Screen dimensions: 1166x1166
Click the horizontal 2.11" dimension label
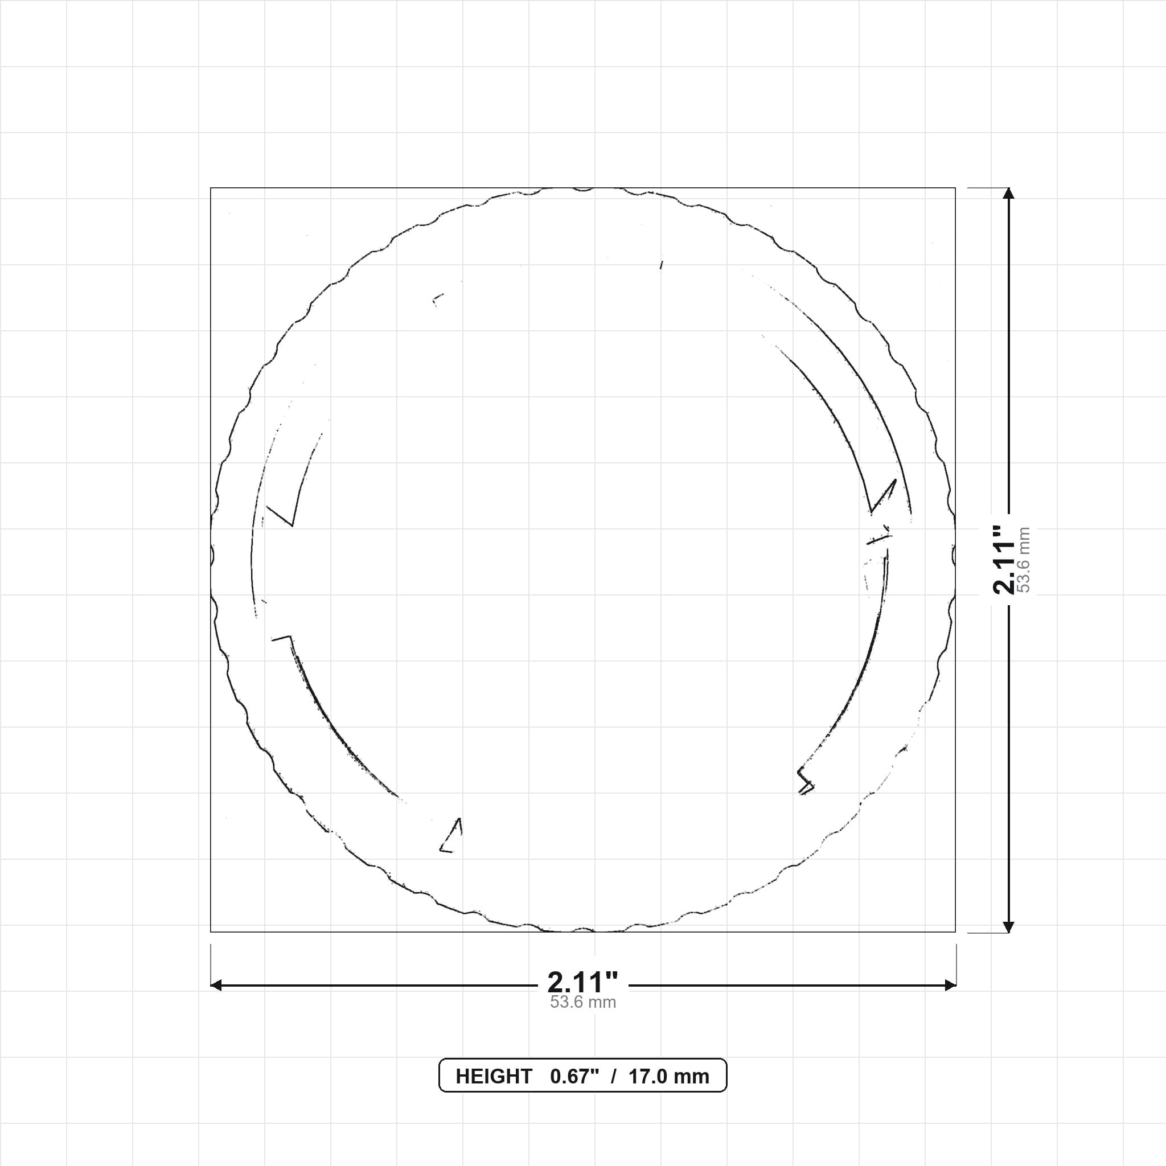coord(582,983)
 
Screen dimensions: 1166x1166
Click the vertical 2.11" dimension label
coord(1005,560)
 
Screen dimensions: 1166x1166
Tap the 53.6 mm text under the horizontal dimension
coord(582,1003)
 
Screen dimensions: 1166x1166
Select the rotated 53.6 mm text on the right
coord(1024,560)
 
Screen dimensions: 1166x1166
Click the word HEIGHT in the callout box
coord(494,1077)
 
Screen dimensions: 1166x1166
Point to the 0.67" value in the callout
coord(574,1077)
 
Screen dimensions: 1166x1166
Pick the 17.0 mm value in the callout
coord(669,1077)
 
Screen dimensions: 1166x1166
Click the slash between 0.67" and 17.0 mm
coord(614,1077)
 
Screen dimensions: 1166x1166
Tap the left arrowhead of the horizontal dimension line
coord(216,986)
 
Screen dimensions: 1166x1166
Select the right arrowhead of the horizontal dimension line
coord(950,986)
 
